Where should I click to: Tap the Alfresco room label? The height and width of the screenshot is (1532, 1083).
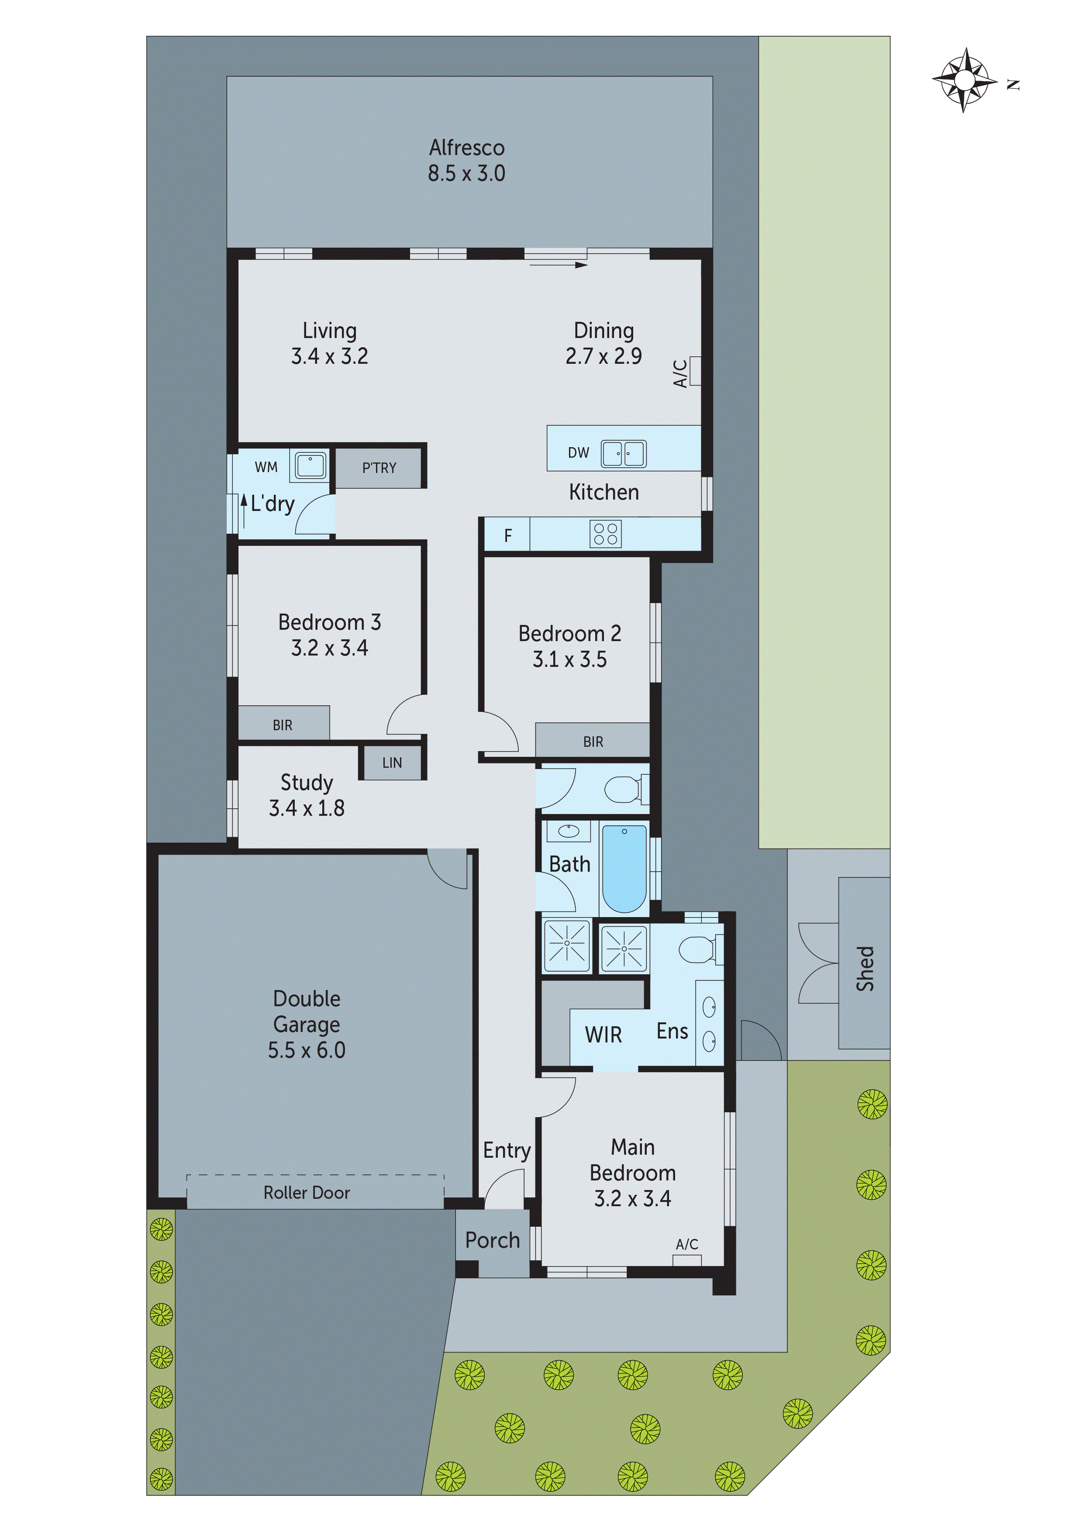pos(466,148)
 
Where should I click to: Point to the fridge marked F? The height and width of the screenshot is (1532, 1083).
pos(507,535)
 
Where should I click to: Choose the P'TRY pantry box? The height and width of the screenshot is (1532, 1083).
pos(379,468)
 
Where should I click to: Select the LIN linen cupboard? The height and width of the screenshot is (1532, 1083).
pos(392,763)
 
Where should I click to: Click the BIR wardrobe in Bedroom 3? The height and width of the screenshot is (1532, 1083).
pos(283,725)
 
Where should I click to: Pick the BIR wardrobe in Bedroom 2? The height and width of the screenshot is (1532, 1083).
pos(593,741)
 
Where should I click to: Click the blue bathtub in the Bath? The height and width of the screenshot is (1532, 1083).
pos(624,869)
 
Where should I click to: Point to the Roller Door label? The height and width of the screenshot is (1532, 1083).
pos(306,1192)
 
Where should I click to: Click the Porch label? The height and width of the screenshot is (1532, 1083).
pos(493,1240)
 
